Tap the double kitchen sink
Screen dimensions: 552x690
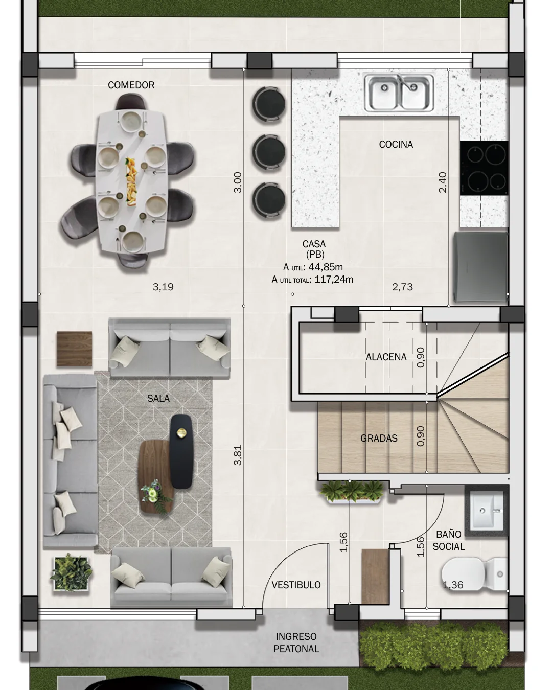click(399, 93)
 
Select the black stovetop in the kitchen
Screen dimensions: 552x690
click(484, 168)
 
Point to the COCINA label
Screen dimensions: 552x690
click(396, 144)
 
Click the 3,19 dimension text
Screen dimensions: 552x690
click(163, 287)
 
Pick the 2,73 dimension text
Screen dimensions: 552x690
click(402, 287)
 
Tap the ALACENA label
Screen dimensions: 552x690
click(386, 357)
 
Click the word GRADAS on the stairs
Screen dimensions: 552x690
click(379, 439)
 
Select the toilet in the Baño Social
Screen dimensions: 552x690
click(475, 574)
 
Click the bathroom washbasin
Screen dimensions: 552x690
click(487, 511)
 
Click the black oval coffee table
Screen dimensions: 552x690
click(181, 451)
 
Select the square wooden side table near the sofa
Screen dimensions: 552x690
click(75, 349)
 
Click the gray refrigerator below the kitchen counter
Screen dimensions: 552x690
click(481, 267)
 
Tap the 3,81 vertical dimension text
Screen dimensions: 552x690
click(238, 455)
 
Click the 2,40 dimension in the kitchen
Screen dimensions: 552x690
click(442, 182)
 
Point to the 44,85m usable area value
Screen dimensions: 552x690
click(325, 267)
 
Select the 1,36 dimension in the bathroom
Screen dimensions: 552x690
click(453, 585)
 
